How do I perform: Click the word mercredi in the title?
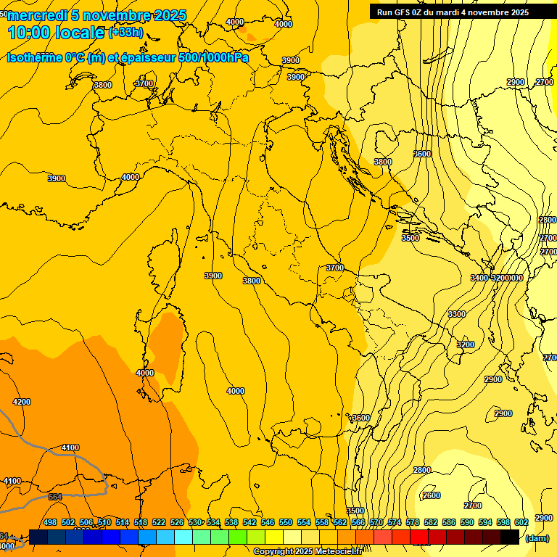pos(38,16)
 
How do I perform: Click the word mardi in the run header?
pos(454,12)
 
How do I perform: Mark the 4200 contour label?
pos(22,402)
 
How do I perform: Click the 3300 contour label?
pos(457,314)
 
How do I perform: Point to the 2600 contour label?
pos(431,495)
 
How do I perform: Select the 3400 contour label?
pos(479,278)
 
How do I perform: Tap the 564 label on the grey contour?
pos(55,497)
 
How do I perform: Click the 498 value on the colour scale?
pos(50,522)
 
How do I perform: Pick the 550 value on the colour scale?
pos(286,522)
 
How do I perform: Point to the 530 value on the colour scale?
pos(194,522)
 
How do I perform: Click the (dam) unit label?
pos(537,538)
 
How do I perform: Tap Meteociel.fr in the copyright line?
pos(344,552)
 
